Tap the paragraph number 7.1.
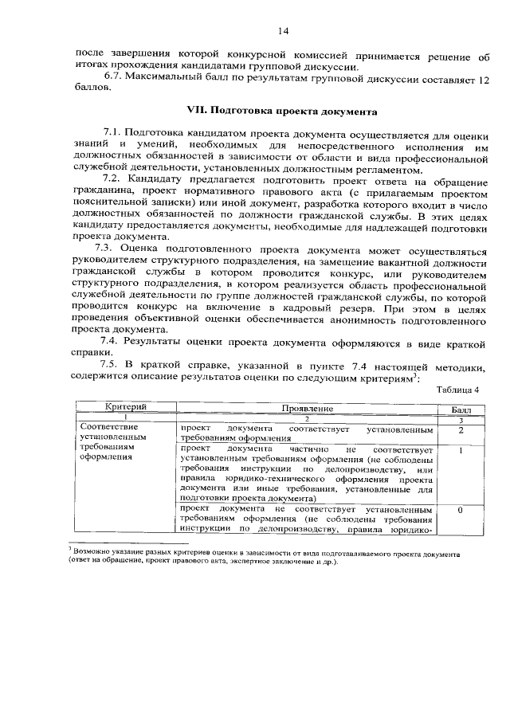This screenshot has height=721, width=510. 114,130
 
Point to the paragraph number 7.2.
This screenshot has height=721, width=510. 115,182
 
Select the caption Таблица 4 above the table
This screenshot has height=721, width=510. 458,390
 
